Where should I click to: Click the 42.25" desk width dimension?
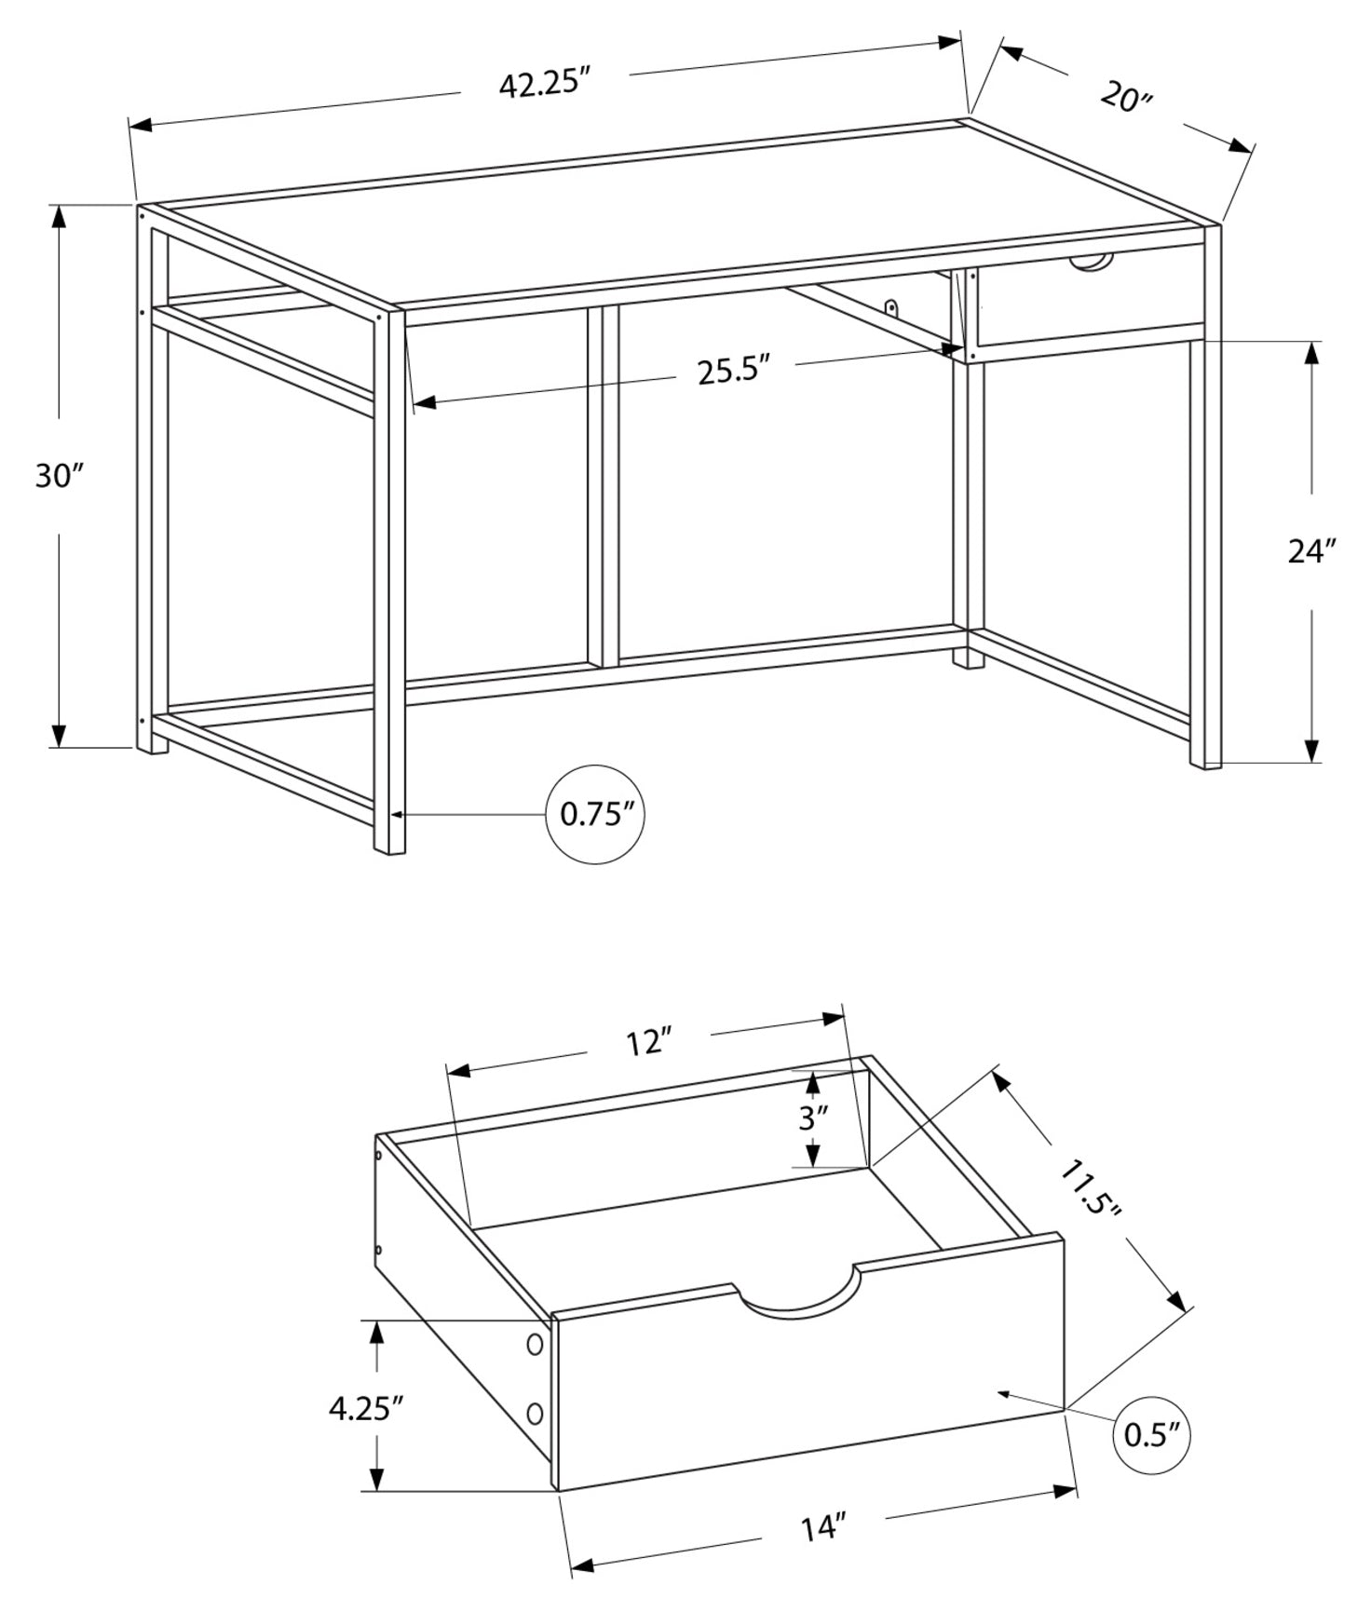point(545,84)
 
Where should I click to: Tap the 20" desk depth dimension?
point(1126,97)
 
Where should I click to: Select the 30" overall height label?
point(60,476)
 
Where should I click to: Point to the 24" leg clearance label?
point(1311,551)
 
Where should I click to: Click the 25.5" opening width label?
point(734,370)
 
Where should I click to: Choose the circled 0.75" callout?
point(595,815)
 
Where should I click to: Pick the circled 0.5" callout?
point(1151,1435)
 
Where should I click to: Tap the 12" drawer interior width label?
point(648,1042)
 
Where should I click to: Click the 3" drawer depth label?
point(812,1118)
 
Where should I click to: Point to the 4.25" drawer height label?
point(365,1408)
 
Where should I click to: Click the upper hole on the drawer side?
point(535,1344)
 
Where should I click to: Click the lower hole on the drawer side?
point(535,1414)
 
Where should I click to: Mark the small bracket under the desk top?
point(891,307)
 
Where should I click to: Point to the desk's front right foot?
point(1205,759)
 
